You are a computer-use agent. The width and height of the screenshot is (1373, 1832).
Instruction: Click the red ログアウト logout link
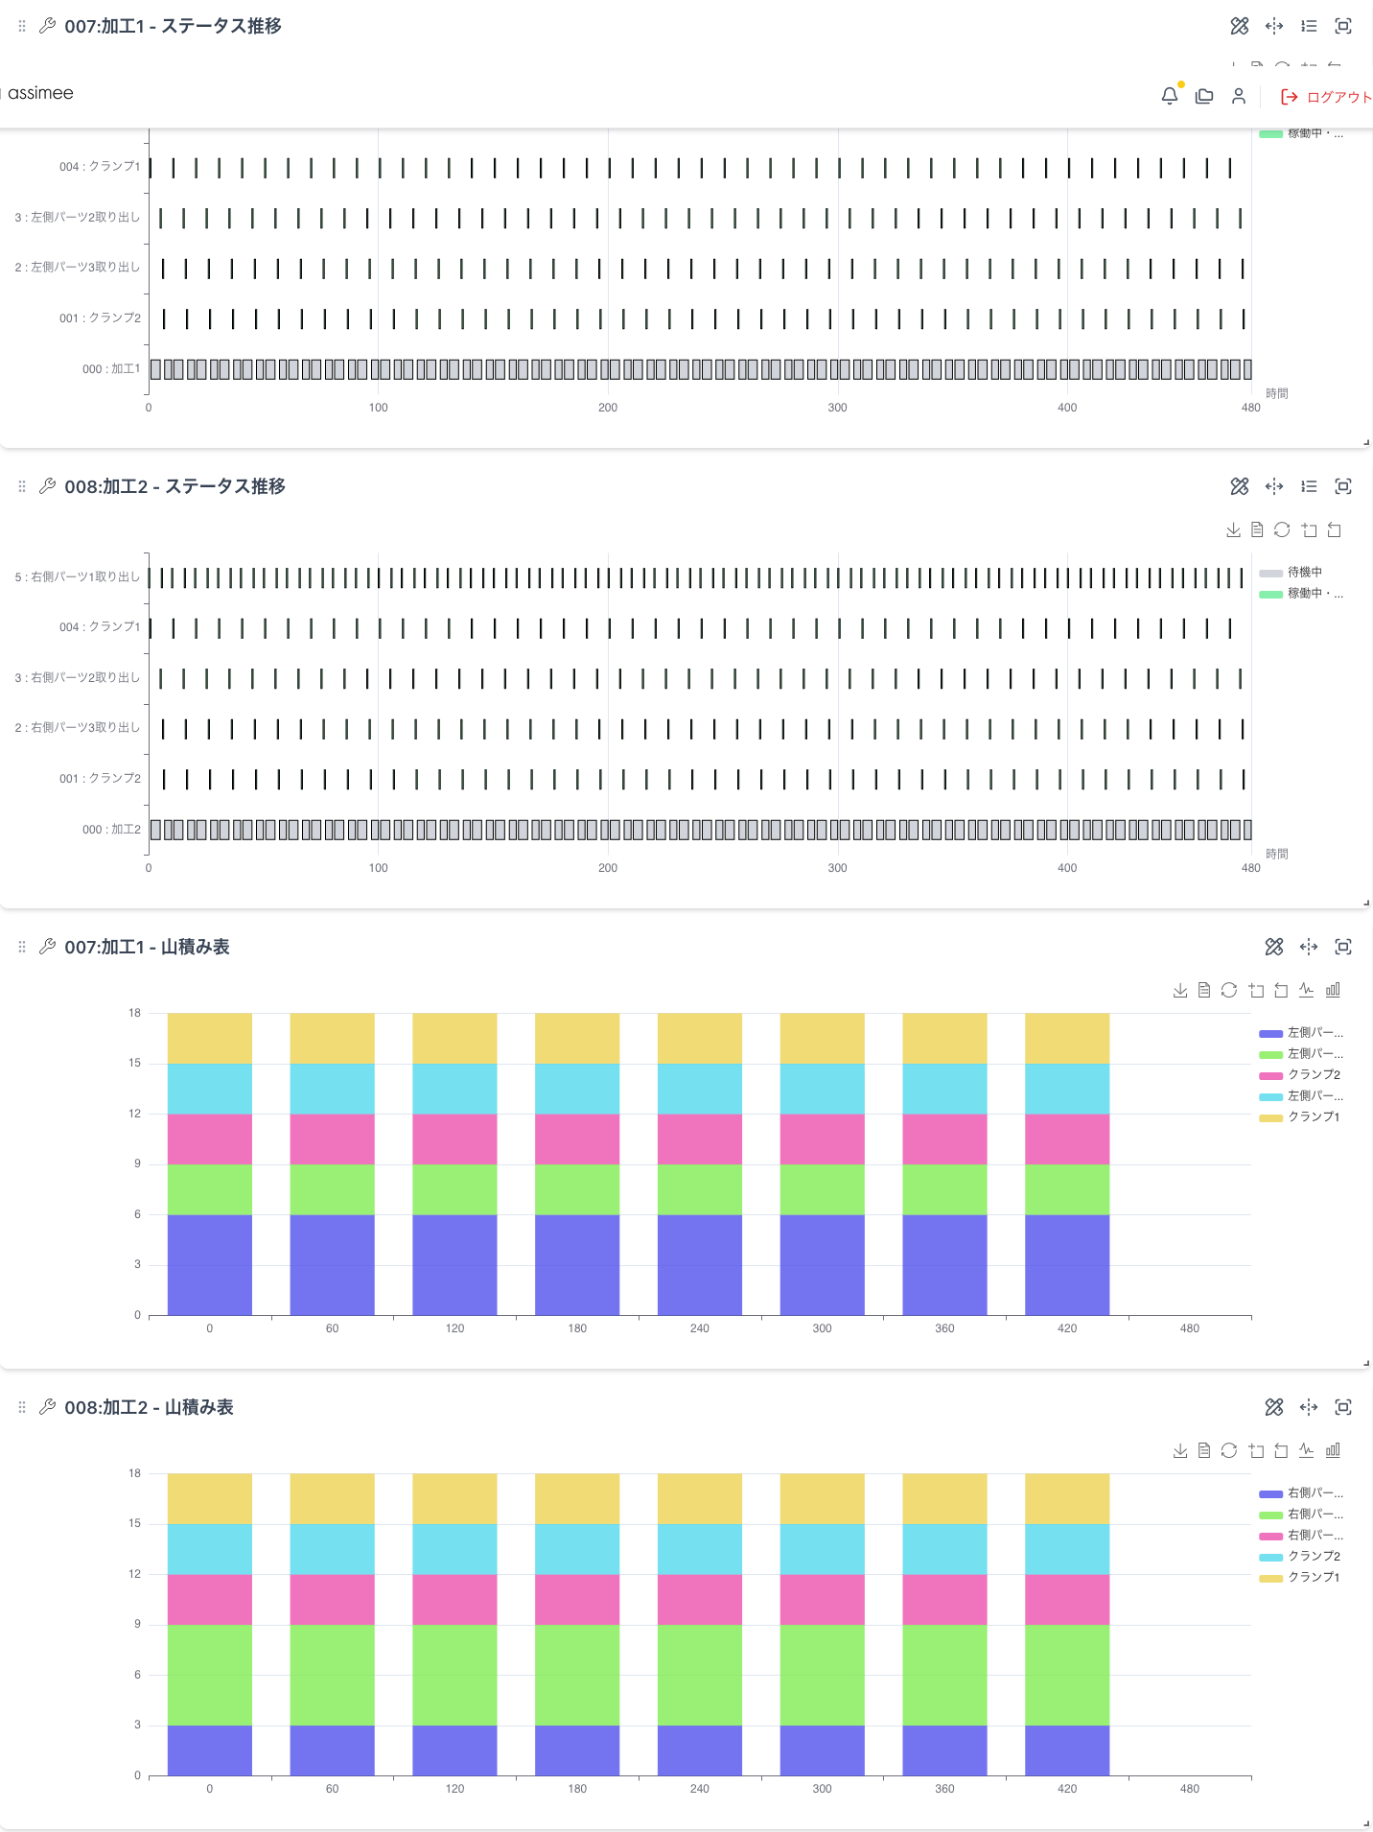[1328, 97]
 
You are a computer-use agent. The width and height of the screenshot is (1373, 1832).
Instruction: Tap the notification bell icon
[1169, 96]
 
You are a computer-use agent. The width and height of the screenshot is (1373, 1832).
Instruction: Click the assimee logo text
[40, 93]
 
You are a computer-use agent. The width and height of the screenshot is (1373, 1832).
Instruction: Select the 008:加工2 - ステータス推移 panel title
[175, 486]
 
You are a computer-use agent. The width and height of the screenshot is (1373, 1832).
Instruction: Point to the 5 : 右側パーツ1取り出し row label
[77, 577]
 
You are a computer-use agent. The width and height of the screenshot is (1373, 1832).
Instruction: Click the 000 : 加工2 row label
[111, 830]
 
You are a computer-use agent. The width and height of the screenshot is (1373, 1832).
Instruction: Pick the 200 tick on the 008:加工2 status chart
[608, 868]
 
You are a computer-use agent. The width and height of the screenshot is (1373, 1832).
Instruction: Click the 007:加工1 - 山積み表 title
[147, 947]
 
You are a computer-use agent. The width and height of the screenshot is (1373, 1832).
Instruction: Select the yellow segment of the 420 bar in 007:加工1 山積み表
[1067, 1039]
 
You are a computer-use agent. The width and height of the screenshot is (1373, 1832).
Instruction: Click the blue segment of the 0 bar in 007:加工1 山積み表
[209, 1264]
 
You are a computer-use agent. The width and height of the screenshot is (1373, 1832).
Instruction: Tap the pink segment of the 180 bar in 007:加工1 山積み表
[577, 1139]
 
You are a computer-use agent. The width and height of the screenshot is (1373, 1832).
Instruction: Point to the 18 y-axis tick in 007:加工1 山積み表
[134, 1013]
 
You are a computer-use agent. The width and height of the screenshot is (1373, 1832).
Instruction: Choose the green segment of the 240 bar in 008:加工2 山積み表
[700, 1675]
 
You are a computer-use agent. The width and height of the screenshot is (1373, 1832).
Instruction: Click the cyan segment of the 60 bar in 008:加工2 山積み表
[332, 1549]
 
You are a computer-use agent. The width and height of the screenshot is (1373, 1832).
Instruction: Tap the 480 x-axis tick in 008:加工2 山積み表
[1190, 1789]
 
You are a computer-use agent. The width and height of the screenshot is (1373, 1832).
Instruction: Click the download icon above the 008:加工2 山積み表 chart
[1180, 1451]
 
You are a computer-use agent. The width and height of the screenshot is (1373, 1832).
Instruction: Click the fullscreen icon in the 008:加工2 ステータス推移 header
[1343, 486]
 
